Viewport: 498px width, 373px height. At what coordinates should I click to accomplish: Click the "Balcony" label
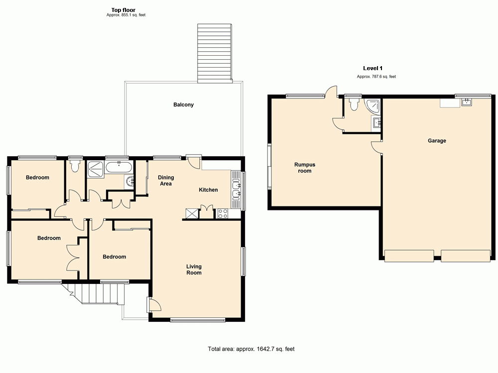pos(183,105)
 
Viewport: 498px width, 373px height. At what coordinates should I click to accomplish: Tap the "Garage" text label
pos(437,141)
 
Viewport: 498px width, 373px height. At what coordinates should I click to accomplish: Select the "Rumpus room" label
pos(304,168)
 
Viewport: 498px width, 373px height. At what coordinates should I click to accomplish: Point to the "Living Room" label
pos(194,269)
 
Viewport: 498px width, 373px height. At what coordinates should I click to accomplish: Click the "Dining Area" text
pos(165,181)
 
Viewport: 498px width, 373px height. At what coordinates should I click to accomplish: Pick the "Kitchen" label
pos(208,190)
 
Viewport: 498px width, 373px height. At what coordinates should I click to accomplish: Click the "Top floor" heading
pos(124,9)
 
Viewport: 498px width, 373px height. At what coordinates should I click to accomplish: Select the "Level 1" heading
pos(373,68)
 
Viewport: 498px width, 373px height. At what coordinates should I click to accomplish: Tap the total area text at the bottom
pos(251,349)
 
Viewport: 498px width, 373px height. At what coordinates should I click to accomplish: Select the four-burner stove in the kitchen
pos(223,214)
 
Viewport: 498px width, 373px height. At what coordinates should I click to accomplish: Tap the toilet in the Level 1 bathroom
pos(354,103)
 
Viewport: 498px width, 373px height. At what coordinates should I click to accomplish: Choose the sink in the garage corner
pos(467,102)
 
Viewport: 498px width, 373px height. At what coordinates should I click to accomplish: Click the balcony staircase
pos(215,53)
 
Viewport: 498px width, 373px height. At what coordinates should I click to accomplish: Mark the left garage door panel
pos(409,256)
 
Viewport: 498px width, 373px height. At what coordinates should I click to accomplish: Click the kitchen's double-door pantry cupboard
pos(205,212)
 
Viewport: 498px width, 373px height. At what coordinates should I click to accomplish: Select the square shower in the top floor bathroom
pos(95,169)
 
